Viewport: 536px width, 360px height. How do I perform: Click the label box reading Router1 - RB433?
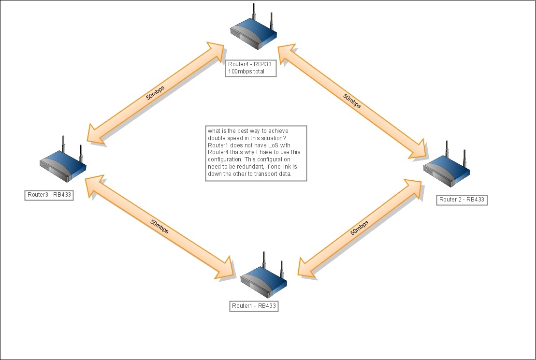(254, 306)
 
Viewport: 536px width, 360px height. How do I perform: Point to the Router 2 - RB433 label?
(462, 200)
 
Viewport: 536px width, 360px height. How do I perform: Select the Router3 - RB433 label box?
(49, 195)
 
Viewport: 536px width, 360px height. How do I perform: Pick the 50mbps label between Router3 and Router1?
(159, 227)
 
